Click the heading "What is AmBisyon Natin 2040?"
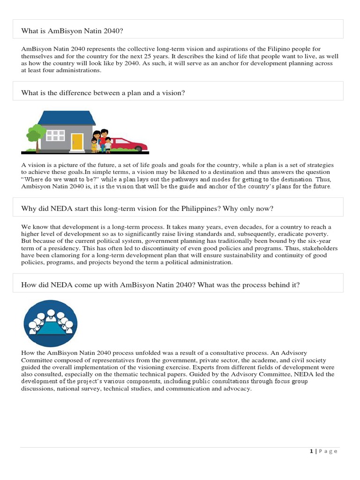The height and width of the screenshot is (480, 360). click(72, 31)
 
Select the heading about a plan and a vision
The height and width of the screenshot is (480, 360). click(103, 93)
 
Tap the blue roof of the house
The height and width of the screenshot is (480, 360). click(67, 118)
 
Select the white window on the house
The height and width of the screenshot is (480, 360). click(56, 135)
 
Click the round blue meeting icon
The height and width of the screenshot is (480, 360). click(51, 323)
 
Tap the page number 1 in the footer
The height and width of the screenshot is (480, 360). click(311, 451)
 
